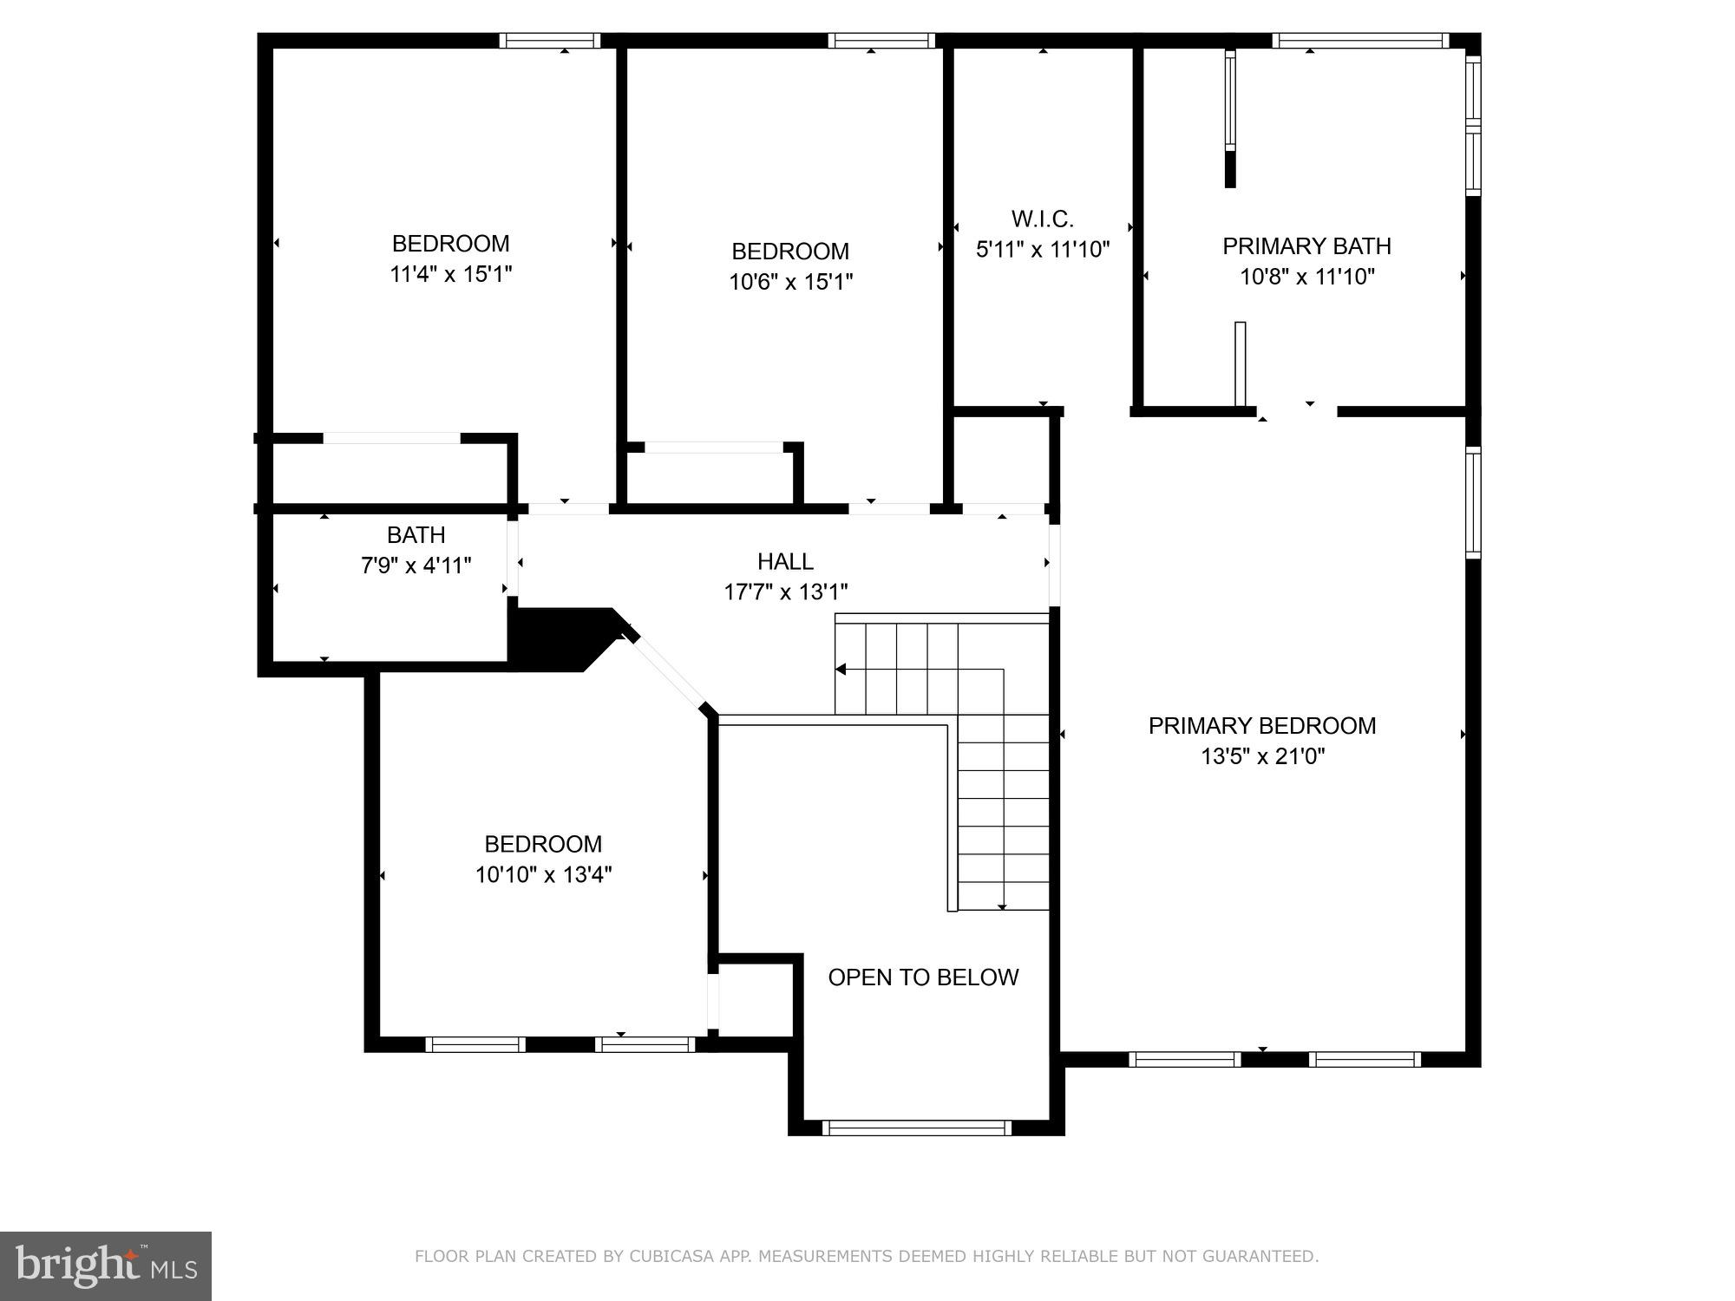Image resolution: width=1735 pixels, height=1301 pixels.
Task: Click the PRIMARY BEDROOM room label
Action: pyautogui.click(x=1261, y=725)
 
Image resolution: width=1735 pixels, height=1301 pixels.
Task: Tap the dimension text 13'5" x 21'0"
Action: pyautogui.click(x=1261, y=756)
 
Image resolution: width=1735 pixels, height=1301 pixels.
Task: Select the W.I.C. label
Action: pyautogui.click(x=1042, y=219)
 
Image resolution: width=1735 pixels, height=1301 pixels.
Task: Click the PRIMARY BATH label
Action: pyautogui.click(x=1306, y=246)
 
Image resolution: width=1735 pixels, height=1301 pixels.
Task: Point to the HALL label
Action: pyautogui.click(x=785, y=561)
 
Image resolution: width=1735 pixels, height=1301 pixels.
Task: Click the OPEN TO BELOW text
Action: pyautogui.click(x=922, y=977)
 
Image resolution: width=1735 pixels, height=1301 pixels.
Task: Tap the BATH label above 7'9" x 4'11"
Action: pyautogui.click(x=416, y=534)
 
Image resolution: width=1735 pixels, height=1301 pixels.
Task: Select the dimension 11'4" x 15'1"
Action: pyautogui.click(x=450, y=274)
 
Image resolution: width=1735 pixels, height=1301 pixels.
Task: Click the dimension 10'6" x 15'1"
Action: pyautogui.click(x=790, y=282)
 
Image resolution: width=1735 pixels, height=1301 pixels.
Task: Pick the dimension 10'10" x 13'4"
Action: pyautogui.click(x=543, y=874)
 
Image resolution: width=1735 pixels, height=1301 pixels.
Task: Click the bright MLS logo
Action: pyautogui.click(x=105, y=1266)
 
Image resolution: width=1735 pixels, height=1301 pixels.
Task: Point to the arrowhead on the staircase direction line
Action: pyautogui.click(x=841, y=669)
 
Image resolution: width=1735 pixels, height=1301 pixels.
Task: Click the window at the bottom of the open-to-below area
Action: pyautogui.click(x=916, y=1128)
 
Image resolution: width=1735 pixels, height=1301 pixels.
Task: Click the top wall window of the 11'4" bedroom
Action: pyautogui.click(x=549, y=41)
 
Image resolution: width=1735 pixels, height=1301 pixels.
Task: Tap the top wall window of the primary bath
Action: pyautogui.click(x=1359, y=41)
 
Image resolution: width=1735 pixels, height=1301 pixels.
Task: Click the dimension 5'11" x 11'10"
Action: pyautogui.click(x=1042, y=250)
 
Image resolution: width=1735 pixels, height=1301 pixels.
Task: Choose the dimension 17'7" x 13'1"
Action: pyautogui.click(x=785, y=592)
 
